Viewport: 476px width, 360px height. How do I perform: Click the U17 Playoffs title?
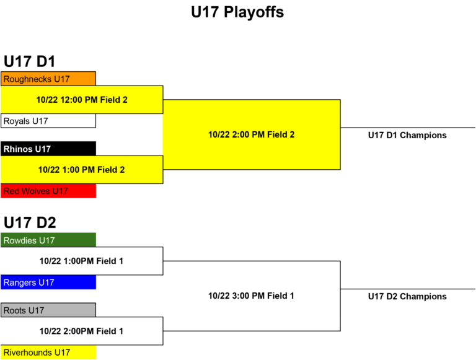(x=237, y=12)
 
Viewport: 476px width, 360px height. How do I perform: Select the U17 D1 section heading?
(x=30, y=61)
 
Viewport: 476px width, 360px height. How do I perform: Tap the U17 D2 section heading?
(x=30, y=222)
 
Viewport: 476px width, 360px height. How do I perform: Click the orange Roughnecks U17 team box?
(x=48, y=79)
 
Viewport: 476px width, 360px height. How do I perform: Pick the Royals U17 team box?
(x=48, y=121)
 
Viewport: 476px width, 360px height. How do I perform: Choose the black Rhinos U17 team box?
(x=48, y=149)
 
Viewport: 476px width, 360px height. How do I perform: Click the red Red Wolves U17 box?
(x=48, y=191)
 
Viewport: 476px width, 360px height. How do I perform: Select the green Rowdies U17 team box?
(x=48, y=240)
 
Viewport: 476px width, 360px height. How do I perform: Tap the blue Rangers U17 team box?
(x=48, y=283)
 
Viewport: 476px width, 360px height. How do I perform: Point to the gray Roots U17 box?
(x=48, y=310)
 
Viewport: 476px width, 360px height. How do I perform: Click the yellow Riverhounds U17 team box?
(x=48, y=352)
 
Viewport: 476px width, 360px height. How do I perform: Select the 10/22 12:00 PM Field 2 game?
(x=82, y=100)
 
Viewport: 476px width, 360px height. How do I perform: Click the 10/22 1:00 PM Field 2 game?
(x=82, y=170)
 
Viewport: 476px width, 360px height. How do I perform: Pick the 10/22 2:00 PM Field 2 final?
(x=252, y=134)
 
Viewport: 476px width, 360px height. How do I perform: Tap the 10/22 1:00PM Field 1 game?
(x=82, y=261)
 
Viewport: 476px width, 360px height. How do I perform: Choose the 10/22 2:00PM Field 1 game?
(x=82, y=331)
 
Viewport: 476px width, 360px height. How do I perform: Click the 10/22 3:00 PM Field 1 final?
(x=251, y=296)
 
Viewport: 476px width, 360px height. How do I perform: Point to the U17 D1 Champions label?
(x=407, y=135)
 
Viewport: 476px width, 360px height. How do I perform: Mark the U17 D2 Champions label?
(x=407, y=296)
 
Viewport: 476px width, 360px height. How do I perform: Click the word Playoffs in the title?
(x=253, y=12)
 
